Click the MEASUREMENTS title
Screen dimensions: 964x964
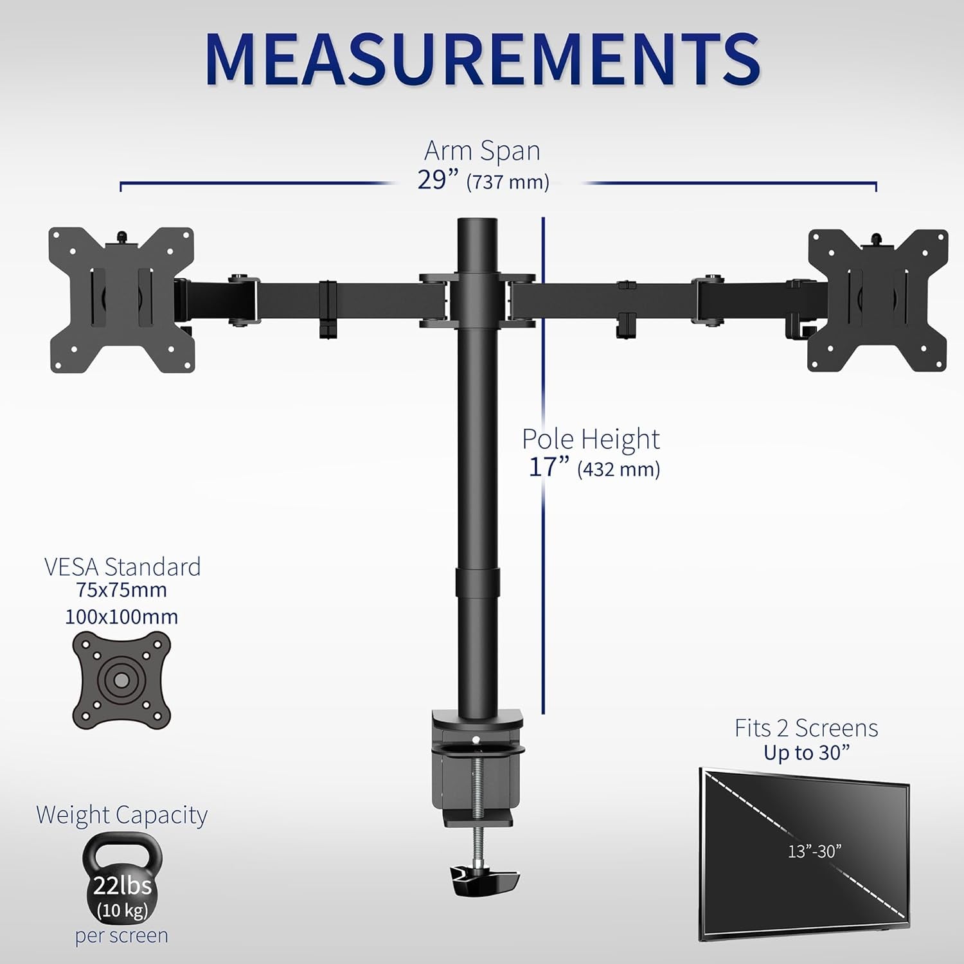click(x=482, y=59)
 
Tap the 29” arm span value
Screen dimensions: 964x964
click(x=440, y=180)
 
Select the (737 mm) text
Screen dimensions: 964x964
click(x=508, y=183)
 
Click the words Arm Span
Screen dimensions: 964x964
click(x=482, y=151)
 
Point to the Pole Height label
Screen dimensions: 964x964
click(x=590, y=440)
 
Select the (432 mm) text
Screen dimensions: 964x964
click(x=618, y=469)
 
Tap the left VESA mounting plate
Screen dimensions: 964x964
click(x=121, y=299)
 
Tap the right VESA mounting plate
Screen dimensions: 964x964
click(x=877, y=300)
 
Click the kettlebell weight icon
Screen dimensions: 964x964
click(x=122, y=877)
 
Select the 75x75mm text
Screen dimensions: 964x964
click(x=121, y=590)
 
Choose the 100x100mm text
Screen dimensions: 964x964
click(x=121, y=617)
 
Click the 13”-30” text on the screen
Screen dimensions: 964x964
click(x=814, y=851)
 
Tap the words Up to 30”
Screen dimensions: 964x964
click(x=806, y=753)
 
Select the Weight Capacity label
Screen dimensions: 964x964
click(x=121, y=815)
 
